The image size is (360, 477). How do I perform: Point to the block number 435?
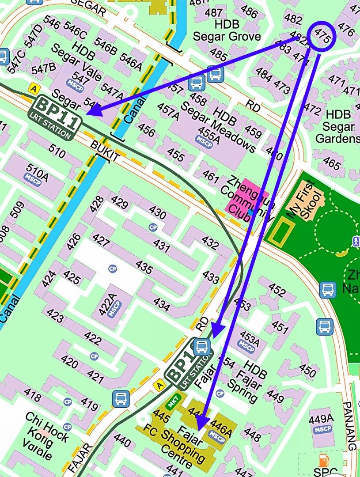(144, 267)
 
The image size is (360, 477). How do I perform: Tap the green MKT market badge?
(172, 402)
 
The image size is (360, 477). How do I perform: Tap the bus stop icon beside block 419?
(121, 398)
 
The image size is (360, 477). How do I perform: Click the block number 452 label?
(277, 290)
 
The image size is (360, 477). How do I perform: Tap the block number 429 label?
(119, 204)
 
